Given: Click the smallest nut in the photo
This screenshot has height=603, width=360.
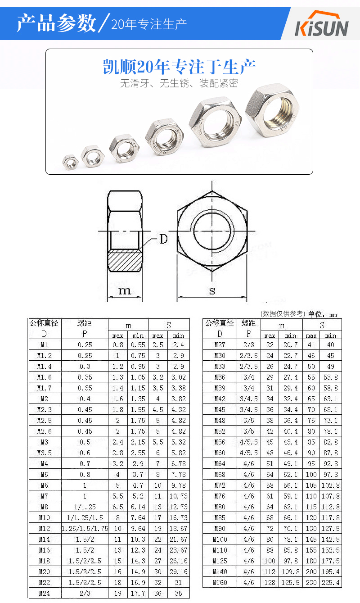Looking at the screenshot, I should (70, 162).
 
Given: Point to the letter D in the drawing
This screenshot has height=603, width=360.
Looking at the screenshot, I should (163, 239).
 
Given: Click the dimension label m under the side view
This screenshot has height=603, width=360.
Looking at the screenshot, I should (124, 290).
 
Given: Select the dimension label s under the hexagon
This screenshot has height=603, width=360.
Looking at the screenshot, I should (212, 290).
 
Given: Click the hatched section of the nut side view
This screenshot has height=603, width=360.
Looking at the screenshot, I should (124, 260).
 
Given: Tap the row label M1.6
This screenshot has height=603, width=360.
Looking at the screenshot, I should (44, 377).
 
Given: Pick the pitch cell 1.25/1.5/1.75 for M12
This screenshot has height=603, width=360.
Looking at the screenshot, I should (85, 529).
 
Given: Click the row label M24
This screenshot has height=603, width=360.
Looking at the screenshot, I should (44, 594).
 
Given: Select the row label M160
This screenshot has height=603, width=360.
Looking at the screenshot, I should (220, 583).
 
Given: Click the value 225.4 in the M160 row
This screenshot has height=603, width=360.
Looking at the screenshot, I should (331, 583).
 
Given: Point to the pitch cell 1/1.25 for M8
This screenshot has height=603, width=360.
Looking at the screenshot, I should (85, 507).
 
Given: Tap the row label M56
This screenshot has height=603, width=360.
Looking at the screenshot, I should (220, 442).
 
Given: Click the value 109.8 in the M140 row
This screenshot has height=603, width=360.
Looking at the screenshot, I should (290, 572).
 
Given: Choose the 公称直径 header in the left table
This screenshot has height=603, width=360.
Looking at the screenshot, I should (44, 323).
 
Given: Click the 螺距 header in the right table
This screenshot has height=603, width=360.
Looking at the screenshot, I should (249, 323).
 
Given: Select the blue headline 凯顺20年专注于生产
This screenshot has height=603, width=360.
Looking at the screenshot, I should (179, 67).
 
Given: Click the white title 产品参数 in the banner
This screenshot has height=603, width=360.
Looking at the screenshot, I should (56, 23).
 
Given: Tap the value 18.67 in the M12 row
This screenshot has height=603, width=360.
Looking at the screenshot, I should (178, 529).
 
